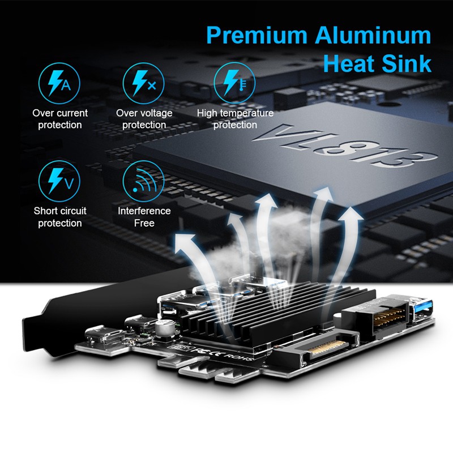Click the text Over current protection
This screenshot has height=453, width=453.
tap(60, 119)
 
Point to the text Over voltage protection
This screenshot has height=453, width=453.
tap(144, 119)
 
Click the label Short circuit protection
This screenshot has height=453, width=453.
tap(60, 217)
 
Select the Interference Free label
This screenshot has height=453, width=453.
tap(144, 217)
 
